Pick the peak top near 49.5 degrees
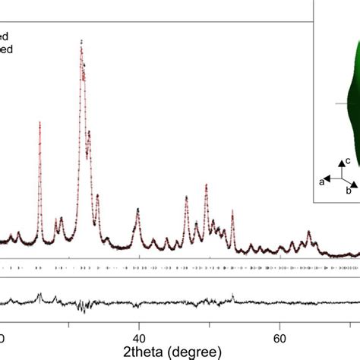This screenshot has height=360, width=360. tap(206, 185)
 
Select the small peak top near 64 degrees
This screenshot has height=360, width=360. tap(308, 232)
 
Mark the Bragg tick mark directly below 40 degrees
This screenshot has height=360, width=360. tap(138, 269)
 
